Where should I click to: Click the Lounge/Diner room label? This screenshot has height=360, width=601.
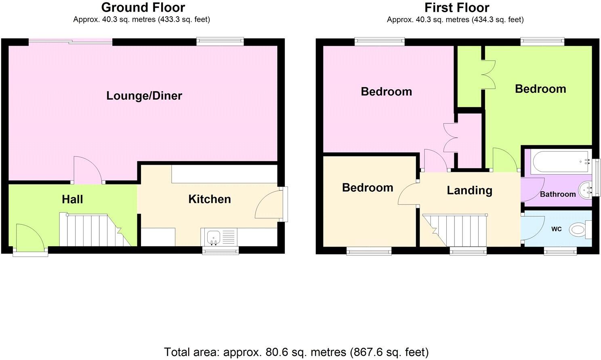(x=144, y=96)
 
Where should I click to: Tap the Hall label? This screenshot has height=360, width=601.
(x=72, y=199)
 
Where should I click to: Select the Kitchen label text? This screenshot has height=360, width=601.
(x=209, y=199)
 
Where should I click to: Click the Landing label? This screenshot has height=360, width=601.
(x=469, y=190)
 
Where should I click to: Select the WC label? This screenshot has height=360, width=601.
(x=556, y=229)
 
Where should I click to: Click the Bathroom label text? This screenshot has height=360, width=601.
(x=557, y=194)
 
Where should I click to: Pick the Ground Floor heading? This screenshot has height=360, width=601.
(x=143, y=7)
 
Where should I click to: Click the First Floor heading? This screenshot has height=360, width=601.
(x=456, y=7)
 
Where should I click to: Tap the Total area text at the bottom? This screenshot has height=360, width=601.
(x=296, y=352)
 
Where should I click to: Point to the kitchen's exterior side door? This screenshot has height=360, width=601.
(x=270, y=204)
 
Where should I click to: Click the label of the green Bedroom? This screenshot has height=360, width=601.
(x=540, y=89)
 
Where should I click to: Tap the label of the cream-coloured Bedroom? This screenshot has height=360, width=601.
(x=367, y=187)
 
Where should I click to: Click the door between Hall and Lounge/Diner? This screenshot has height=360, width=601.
(x=87, y=171)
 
